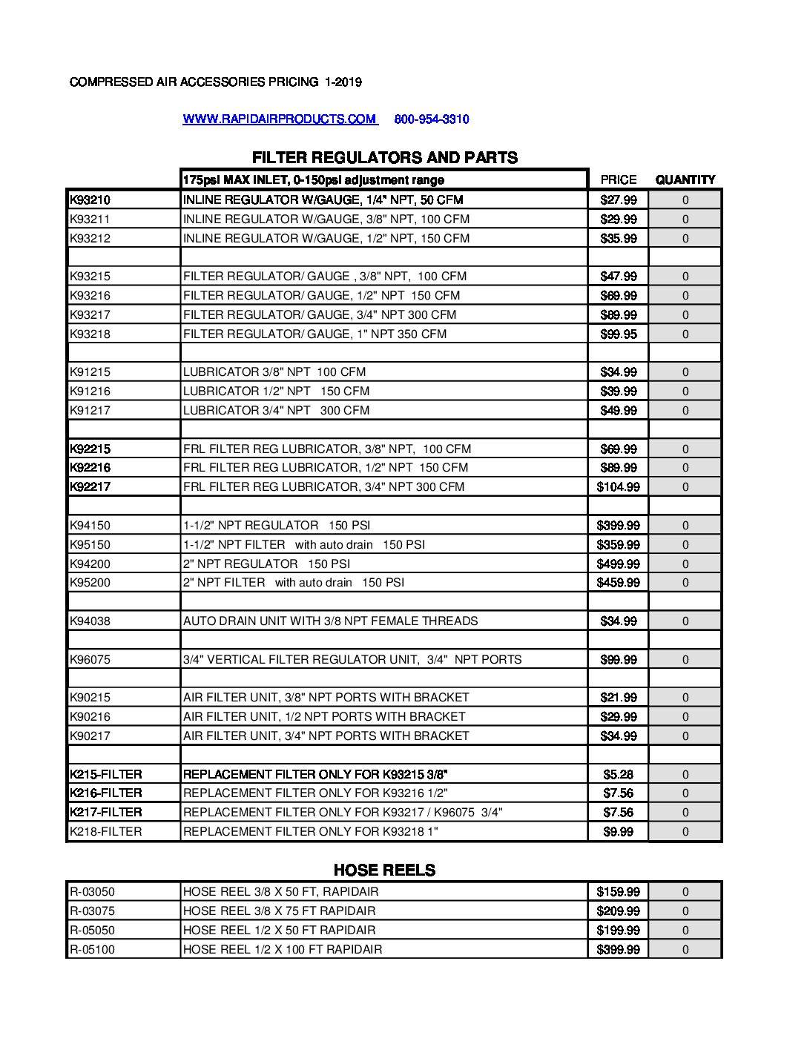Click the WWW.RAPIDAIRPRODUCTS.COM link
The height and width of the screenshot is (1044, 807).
pos(280,119)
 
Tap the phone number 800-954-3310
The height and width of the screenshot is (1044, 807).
pos(432,119)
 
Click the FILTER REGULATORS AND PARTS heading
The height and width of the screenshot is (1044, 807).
pos(385,157)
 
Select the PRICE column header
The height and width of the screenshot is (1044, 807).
pos(619,179)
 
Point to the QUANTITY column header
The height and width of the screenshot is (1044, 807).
pos(685,179)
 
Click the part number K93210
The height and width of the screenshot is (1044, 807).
pos(90,199)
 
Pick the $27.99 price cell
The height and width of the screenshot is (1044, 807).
pos(619,199)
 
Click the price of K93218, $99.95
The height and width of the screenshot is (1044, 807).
pos(619,334)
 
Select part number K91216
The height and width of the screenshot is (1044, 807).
pos(90,391)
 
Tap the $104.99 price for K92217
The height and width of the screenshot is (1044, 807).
pos(619,486)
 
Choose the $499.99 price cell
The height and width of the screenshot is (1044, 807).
pos(619,564)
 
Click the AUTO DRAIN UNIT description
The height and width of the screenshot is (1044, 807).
pos(331,621)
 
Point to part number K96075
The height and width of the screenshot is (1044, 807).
pos(90,659)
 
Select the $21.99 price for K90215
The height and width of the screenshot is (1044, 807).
pos(619,697)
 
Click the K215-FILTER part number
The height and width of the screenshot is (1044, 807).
pos(105,774)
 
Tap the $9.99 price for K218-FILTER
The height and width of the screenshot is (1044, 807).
pos(619,831)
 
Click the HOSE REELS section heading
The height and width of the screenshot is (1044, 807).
pos(384,870)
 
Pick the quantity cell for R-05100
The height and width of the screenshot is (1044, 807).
pos(685,949)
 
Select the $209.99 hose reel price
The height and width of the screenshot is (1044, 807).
pos(619,911)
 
